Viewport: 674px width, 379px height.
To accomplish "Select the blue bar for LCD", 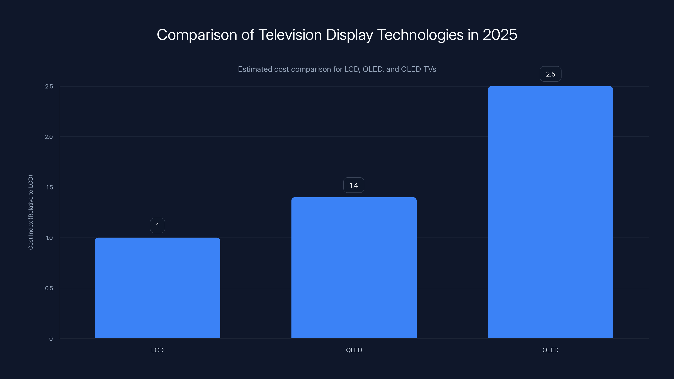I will click(x=157, y=288).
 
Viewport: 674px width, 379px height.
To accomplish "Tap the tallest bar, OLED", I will click(x=550, y=212).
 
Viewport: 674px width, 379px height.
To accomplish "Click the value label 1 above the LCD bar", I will click(x=158, y=226).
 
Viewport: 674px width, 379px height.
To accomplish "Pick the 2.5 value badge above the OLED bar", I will click(x=550, y=74).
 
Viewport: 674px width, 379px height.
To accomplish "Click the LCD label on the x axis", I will click(x=157, y=350).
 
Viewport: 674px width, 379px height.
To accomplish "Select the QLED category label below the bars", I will click(x=354, y=350).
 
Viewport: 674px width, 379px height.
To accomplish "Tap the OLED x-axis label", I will click(x=550, y=350).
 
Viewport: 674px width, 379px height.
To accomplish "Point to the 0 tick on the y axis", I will click(x=51, y=339).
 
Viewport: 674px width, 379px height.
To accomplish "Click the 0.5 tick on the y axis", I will click(x=49, y=288).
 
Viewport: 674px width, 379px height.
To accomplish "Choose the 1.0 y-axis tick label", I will click(x=49, y=238).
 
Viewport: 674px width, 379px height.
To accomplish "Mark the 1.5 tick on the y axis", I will click(x=49, y=187).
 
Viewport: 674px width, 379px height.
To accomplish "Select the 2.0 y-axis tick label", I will click(x=49, y=137).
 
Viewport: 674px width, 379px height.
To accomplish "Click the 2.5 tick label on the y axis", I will click(x=49, y=86).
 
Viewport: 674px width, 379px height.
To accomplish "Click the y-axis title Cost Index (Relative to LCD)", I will click(x=31, y=212).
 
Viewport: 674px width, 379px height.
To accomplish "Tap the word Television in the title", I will click(x=290, y=35).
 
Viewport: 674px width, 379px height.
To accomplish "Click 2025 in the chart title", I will click(x=500, y=35).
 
